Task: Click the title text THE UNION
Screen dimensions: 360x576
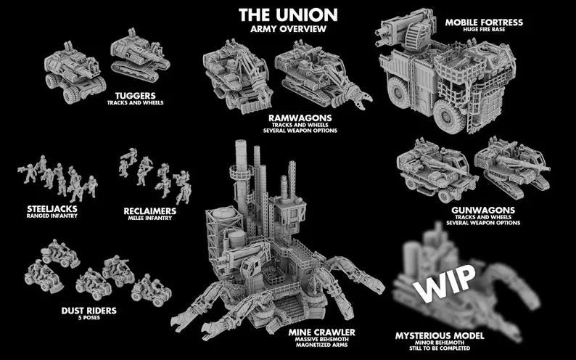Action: [x=288, y=15]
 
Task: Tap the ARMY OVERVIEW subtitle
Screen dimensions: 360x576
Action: [x=288, y=28]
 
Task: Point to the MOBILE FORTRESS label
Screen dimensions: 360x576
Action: [x=484, y=22]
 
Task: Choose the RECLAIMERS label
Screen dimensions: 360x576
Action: [x=149, y=211]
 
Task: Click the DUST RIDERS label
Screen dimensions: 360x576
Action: [x=89, y=311]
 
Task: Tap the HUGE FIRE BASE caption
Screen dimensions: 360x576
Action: [x=484, y=30]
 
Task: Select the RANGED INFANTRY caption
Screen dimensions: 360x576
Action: [x=46, y=216]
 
